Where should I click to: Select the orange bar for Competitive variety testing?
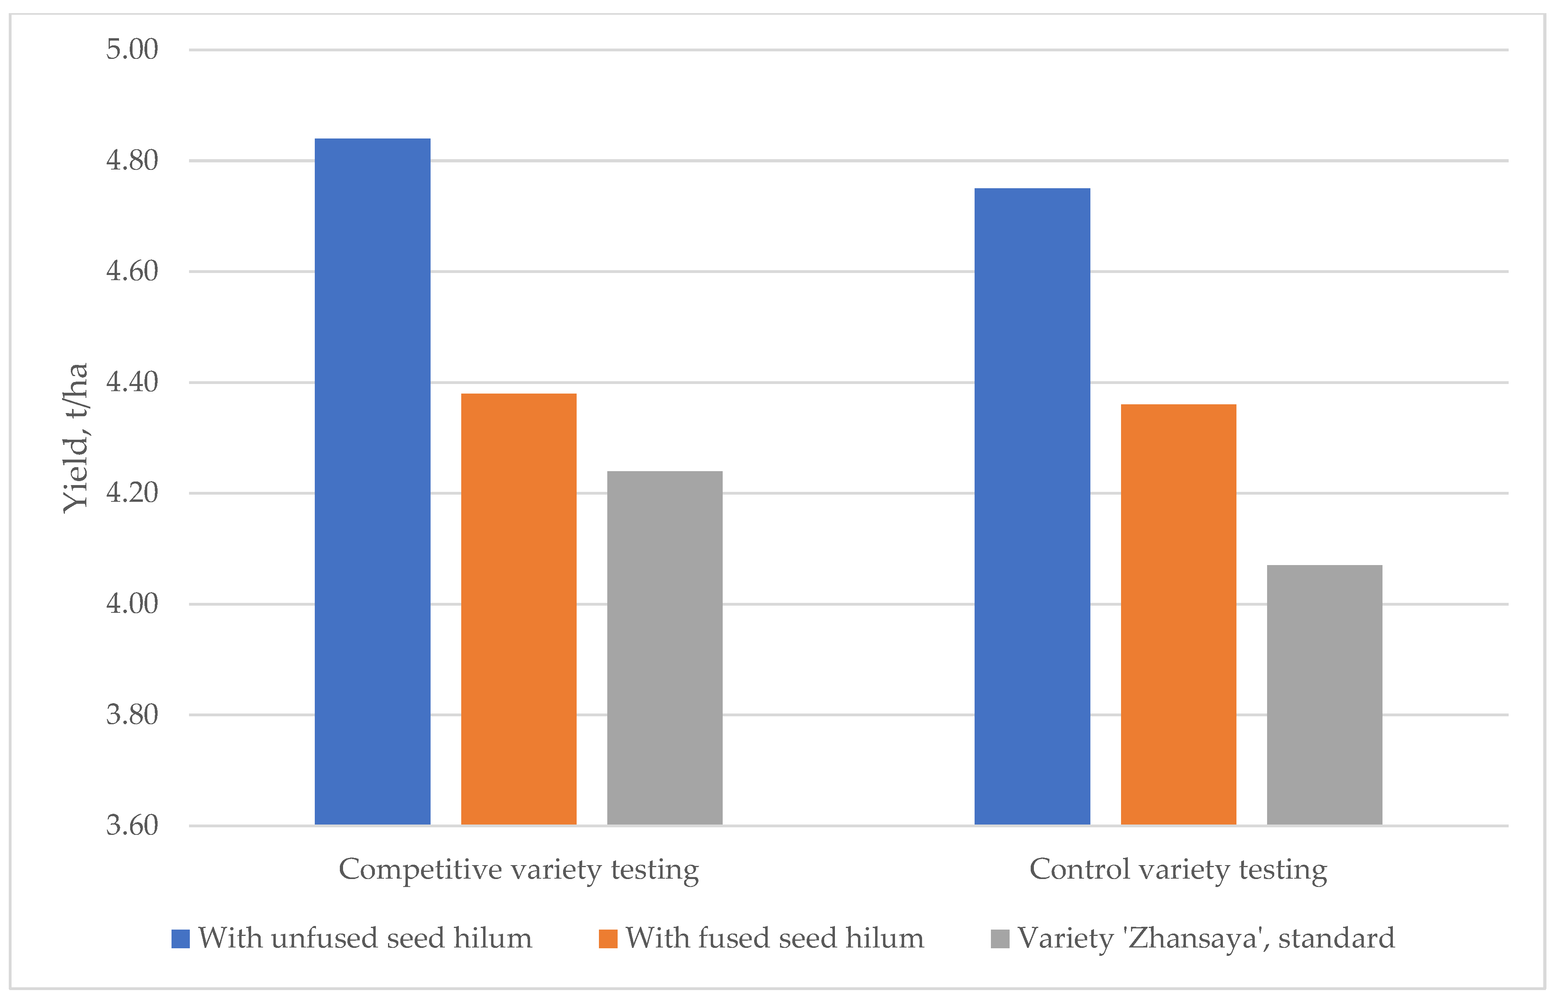[x=519, y=609]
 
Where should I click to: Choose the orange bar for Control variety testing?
[x=1178, y=614]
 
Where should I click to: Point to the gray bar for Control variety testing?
[x=1324, y=695]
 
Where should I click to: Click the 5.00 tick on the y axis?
[x=132, y=49]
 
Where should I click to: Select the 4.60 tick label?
[x=132, y=271]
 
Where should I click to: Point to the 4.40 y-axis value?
[x=132, y=382]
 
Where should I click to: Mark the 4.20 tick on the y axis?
[x=132, y=493]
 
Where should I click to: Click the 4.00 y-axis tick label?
[x=132, y=604]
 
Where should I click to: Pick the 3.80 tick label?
[x=132, y=714]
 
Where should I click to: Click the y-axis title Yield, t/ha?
[x=76, y=437]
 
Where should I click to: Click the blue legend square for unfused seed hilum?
[x=180, y=939]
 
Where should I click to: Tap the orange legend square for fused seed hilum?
[x=608, y=939]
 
